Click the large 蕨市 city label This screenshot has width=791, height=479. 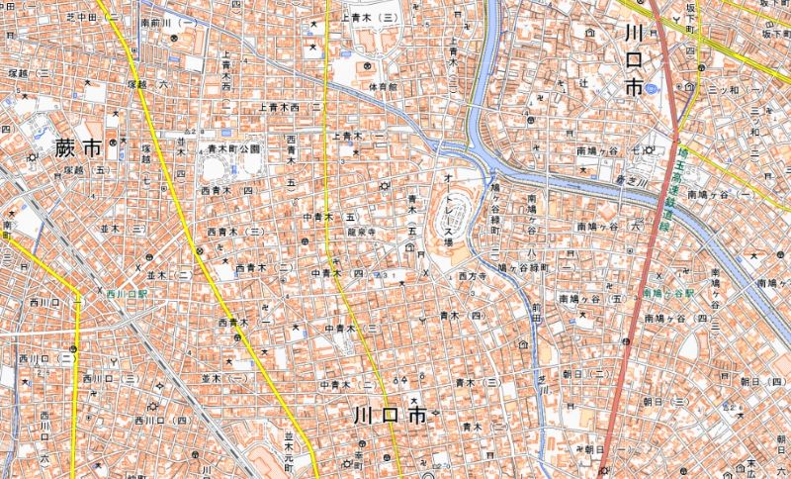[66, 150]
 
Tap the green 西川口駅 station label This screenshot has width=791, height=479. [128, 294]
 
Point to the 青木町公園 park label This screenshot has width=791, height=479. [233, 148]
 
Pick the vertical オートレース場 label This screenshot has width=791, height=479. [447, 209]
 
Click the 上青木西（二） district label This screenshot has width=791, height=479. [291, 106]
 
